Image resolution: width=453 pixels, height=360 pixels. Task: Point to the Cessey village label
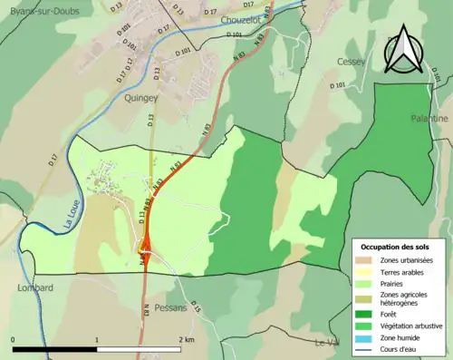[350, 61]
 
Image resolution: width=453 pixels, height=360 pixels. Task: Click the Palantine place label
[429, 119]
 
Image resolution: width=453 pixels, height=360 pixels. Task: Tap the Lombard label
[35, 287]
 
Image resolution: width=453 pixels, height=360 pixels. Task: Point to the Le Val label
[326, 342]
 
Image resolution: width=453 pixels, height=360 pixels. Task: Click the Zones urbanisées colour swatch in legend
[365, 261]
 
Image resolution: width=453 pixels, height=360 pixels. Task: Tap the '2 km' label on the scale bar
[186, 340]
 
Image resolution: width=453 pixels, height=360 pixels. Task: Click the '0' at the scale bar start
[14, 340]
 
